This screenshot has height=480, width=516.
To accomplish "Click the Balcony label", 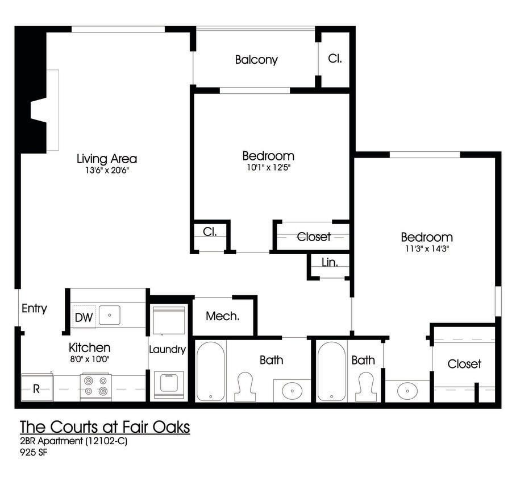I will click(x=256, y=60).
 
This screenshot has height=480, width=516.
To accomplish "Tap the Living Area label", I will click(x=107, y=159).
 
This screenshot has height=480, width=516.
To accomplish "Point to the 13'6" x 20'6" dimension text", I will click(x=107, y=170).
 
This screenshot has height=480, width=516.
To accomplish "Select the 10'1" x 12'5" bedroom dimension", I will click(x=268, y=167).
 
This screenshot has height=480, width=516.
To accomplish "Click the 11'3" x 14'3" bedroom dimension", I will click(x=427, y=249).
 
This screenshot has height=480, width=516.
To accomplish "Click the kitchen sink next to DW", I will click(x=110, y=315).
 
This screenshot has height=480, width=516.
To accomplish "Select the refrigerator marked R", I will click(x=36, y=388).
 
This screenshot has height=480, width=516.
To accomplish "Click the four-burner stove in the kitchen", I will click(x=95, y=386).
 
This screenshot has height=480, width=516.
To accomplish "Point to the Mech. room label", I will click(x=222, y=316).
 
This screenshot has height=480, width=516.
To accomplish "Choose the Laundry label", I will click(x=167, y=349).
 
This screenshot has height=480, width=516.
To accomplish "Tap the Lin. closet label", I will click(x=330, y=263).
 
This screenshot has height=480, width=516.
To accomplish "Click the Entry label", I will click(x=34, y=309).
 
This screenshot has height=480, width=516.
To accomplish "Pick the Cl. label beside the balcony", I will click(x=335, y=58).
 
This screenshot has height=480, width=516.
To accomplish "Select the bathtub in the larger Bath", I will click(x=211, y=371).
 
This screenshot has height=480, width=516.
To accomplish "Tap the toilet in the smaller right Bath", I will click(x=365, y=386).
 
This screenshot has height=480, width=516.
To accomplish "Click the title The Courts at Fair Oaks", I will click(x=105, y=427).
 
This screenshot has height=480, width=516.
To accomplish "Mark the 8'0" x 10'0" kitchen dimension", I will click(x=89, y=359).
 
